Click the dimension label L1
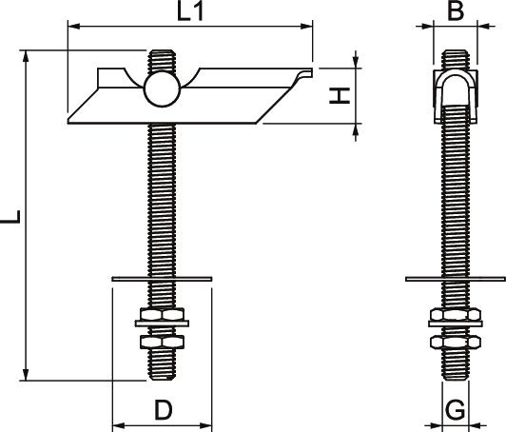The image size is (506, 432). pyautogui.click(x=190, y=11)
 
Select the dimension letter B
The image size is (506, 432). pyautogui.click(x=456, y=10)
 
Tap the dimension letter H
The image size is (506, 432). pyautogui.click(x=340, y=95)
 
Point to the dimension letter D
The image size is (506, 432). pyautogui.click(x=164, y=410)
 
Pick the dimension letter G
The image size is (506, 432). pyautogui.click(x=455, y=410)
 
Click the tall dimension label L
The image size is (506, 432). pyautogui.click(x=10, y=216)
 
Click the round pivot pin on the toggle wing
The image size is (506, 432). pyautogui.click(x=162, y=89)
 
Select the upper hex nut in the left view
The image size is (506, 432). pyautogui.click(x=162, y=314)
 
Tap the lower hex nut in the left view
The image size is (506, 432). pyautogui.click(x=162, y=342)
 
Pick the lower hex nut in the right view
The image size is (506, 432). pyautogui.click(x=456, y=343)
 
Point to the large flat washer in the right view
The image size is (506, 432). pyautogui.click(x=456, y=279)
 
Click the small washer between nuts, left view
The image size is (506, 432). pyautogui.click(x=162, y=324)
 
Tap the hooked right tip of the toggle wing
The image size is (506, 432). pyautogui.click(x=306, y=73)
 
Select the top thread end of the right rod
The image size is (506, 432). pyautogui.click(x=456, y=52)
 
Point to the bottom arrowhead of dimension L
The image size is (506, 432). pyautogui.click(x=26, y=375)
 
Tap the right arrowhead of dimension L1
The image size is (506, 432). pyautogui.click(x=306, y=26)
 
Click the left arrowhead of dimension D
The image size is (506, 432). pyautogui.click(x=119, y=426)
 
